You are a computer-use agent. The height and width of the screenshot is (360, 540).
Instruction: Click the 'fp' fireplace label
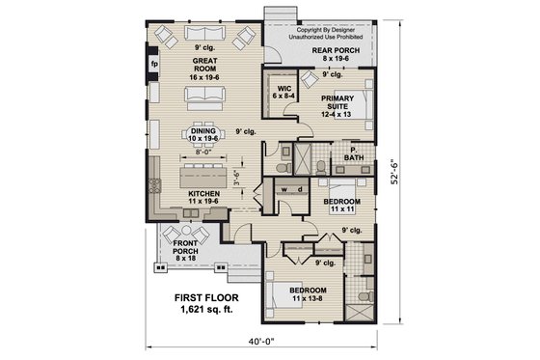(153, 67)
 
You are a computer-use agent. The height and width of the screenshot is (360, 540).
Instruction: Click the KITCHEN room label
(204, 195)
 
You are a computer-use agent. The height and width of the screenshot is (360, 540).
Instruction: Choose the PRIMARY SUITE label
(339, 102)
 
